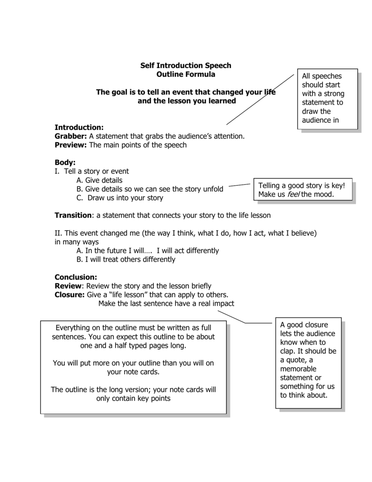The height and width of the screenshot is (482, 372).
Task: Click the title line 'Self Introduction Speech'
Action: point(186,65)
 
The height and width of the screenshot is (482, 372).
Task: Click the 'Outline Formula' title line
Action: point(186,74)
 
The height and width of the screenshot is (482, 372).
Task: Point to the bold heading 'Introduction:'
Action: point(79,127)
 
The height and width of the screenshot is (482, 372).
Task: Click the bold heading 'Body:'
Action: point(65,162)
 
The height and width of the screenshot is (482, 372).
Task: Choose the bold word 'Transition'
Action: point(74,215)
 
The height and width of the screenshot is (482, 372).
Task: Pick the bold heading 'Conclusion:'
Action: point(76,277)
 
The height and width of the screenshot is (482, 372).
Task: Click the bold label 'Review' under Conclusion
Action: point(69,286)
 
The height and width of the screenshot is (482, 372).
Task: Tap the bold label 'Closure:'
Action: point(70,295)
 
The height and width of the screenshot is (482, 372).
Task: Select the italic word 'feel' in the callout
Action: point(293,194)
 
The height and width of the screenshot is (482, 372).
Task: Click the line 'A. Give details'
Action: point(99,180)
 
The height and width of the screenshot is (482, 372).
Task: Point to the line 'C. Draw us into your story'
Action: point(119,198)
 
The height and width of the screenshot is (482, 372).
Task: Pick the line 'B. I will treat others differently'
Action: point(126,259)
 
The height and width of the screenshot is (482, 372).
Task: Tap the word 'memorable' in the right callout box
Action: point(298,369)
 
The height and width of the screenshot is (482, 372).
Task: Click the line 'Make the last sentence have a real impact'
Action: point(166,304)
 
